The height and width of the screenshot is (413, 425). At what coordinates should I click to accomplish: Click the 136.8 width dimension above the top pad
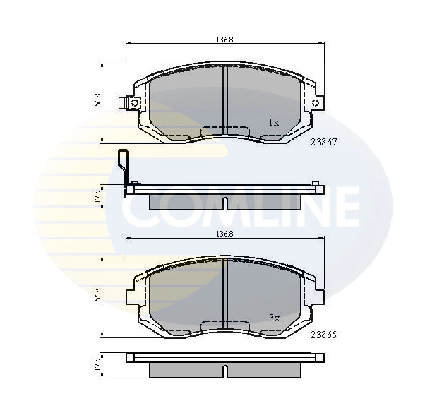pyautogui.click(x=224, y=39)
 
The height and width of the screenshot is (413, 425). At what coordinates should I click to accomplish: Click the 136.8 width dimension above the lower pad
pyautogui.click(x=224, y=233)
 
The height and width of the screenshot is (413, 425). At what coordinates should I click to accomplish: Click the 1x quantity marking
pyautogui.click(x=274, y=122)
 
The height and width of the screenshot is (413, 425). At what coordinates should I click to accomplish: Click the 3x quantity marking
pyautogui.click(x=274, y=318)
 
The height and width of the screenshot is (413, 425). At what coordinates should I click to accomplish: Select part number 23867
pyautogui.click(x=324, y=141)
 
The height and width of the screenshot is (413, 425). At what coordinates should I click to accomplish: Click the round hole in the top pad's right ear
pyautogui.click(x=315, y=103)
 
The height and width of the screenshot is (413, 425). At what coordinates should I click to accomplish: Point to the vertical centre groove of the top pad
pyautogui.click(x=224, y=99)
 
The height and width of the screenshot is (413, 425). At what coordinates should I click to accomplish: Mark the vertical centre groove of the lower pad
pyautogui.click(x=224, y=293)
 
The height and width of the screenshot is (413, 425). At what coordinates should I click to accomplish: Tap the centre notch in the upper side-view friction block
pyautogui.click(x=224, y=203)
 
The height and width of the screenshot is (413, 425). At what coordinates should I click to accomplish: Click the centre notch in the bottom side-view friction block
pyautogui.click(x=224, y=371)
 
